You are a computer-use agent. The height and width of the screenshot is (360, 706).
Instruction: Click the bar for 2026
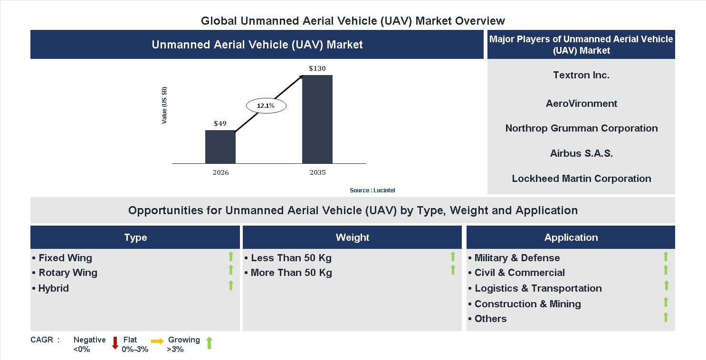pyautogui.click(x=220, y=147)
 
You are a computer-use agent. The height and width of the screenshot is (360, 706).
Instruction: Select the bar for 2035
pyautogui.click(x=317, y=119)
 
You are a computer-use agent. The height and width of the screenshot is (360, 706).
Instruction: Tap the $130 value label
pyautogui.click(x=317, y=68)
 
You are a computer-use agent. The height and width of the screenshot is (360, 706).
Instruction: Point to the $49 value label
pyautogui.click(x=220, y=123)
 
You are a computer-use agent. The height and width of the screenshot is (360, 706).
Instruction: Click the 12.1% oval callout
pyautogui.click(x=266, y=105)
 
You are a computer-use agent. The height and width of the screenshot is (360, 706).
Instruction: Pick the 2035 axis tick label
pyautogui.click(x=317, y=172)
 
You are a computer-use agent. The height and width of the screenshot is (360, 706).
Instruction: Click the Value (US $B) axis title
pyautogui.click(x=164, y=105)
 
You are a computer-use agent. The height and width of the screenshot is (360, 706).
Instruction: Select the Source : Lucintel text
pyautogui.click(x=372, y=190)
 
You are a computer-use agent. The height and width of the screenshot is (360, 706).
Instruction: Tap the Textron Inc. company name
pyautogui.click(x=581, y=75)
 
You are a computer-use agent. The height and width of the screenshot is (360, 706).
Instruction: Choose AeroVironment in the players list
pyautogui.click(x=581, y=104)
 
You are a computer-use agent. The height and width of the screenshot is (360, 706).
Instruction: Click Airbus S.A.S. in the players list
pyautogui.click(x=581, y=153)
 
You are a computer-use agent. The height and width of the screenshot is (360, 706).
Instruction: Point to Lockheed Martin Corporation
pyautogui.click(x=581, y=179)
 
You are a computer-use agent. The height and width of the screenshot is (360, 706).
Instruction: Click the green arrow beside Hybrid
pyautogui.click(x=231, y=285)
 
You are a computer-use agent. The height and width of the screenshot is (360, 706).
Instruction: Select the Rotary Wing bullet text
pyautogui.click(x=67, y=273)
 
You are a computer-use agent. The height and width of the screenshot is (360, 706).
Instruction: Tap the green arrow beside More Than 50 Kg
pyautogui.click(x=453, y=270)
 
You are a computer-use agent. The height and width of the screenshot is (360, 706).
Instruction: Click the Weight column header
pyautogui.click(x=352, y=237)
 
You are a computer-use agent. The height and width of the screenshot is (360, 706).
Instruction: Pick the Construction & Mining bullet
pyautogui.click(x=527, y=304)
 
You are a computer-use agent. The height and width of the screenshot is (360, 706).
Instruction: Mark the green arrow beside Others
pyautogui.click(x=666, y=317)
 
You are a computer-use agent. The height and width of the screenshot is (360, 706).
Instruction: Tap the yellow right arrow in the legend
pyautogui.click(x=157, y=341)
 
